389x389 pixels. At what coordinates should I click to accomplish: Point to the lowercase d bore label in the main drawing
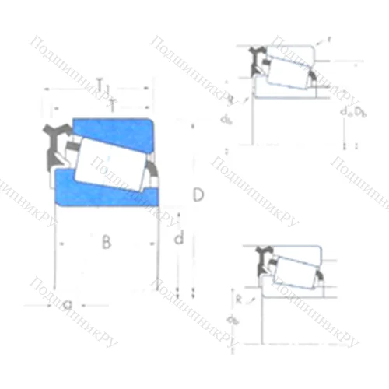tap(178, 240)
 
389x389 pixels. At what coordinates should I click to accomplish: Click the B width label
tap(107, 243)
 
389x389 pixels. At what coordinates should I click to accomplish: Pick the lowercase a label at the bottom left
tap(68, 306)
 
